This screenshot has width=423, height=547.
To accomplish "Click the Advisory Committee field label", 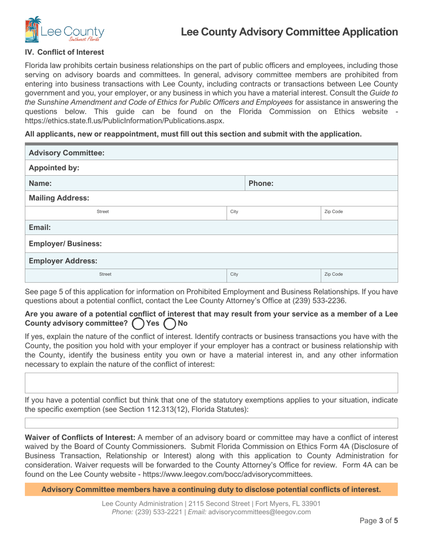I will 66,153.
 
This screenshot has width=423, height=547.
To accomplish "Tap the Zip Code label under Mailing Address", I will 334,212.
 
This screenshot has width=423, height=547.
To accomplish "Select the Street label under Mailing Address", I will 103,212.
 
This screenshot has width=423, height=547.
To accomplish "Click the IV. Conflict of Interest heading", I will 64,52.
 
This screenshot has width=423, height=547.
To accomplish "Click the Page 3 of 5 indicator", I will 378,532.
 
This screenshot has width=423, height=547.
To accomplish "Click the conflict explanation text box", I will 211,382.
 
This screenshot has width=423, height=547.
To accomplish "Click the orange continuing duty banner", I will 211,490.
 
